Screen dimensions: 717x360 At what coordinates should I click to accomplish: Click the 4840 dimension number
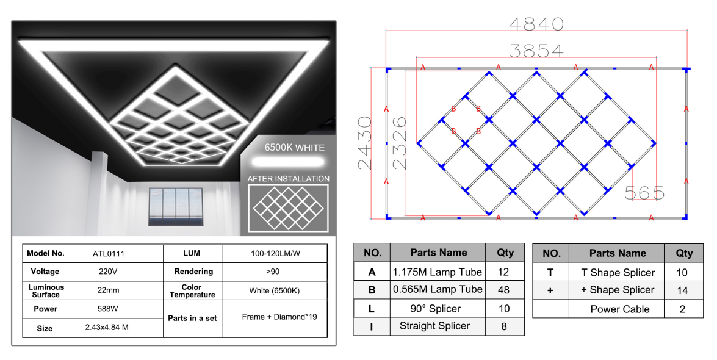point(536,24)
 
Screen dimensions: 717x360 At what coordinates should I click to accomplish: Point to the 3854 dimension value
point(536,50)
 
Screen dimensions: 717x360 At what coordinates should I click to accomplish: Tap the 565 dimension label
point(644,193)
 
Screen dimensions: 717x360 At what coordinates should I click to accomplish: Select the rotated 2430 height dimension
point(365,143)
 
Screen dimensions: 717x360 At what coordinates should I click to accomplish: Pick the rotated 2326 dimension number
point(398,143)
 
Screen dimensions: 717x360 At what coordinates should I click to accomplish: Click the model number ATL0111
point(109,254)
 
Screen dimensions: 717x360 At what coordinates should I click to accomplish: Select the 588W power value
point(108,309)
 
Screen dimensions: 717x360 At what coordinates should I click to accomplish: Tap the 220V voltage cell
point(108,272)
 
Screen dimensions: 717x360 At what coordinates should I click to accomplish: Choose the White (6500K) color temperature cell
point(275,291)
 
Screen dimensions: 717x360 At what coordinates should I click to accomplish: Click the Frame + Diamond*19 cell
point(279,317)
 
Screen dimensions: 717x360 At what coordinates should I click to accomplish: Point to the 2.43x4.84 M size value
point(107,328)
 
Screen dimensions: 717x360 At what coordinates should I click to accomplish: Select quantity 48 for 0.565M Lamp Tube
point(503,290)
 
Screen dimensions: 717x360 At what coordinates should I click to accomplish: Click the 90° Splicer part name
point(435,308)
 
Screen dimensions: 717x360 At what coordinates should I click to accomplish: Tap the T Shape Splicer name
point(618,273)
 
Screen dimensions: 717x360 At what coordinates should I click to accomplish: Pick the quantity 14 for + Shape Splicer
point(682,290)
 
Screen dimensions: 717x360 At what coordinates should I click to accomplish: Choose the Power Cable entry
point(619,309)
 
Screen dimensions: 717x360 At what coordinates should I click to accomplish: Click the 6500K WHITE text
point(295,148)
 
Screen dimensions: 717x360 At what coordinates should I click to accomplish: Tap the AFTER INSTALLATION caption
point(289,178)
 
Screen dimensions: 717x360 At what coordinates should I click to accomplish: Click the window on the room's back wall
point(175,206)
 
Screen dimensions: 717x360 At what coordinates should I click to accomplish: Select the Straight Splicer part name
point(435,326)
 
